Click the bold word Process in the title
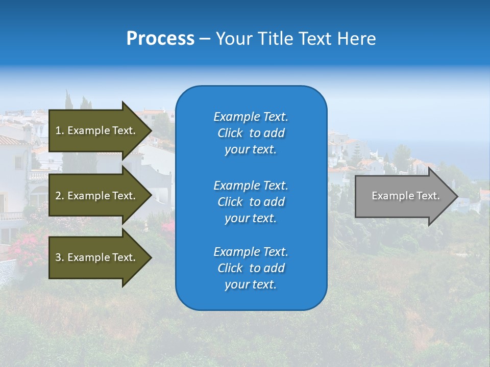[x=160, y=39]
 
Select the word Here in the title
[x=355, y=39]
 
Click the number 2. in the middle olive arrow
[x=60, y=196]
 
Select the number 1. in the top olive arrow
[x=60, y=130]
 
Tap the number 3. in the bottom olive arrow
[x=60, y=257]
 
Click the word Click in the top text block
[x=230, y=133]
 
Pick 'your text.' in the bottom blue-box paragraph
[x=251, y=284]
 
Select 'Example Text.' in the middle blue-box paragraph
[x=251, y=186]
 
